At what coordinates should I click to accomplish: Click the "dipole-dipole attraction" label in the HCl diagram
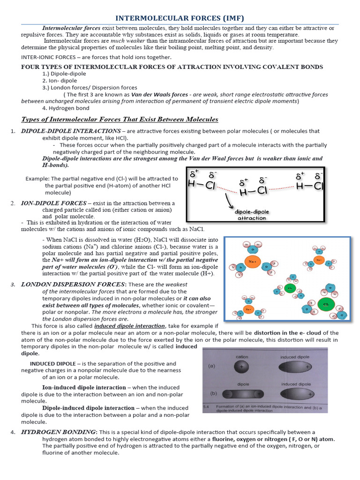point(252,215)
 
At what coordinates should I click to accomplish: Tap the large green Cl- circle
point(325,304)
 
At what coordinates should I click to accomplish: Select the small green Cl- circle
point(290,288)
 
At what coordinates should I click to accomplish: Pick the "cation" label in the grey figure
point(242,357)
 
